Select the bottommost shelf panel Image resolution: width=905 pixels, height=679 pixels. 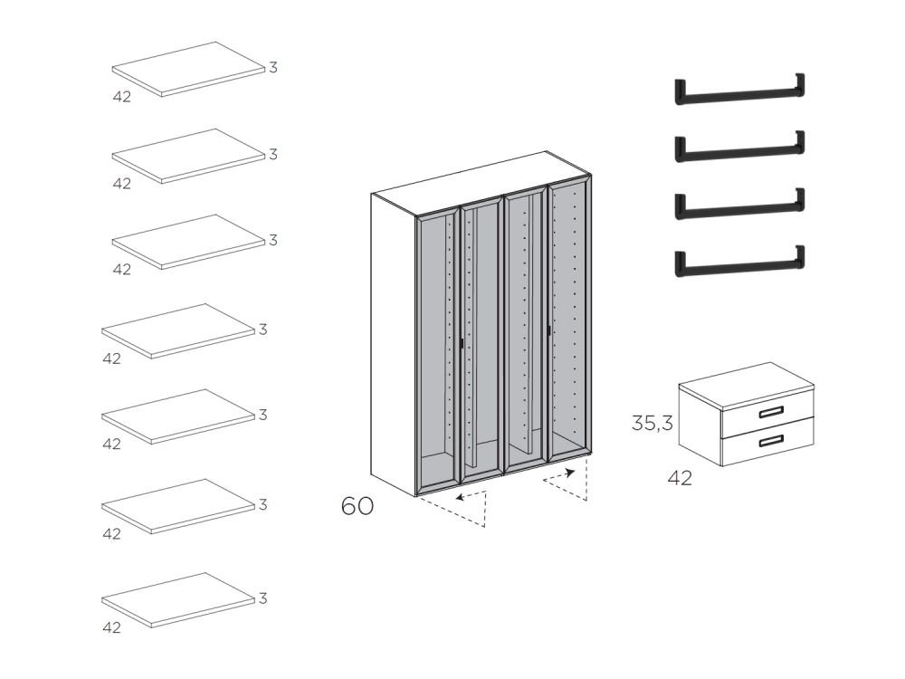click(x=177, y=598)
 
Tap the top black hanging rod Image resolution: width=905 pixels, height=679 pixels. click(x=739, y=91)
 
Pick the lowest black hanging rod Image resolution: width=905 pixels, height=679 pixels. click(x=739, y=263)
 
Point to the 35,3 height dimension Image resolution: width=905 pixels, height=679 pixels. click(x=652, y=423)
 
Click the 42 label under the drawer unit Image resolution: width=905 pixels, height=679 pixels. click(x=680, y=478)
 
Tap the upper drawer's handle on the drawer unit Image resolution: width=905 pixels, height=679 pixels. click(x=771, y=413)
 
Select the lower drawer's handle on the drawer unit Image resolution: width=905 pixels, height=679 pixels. click(x=771, y=441)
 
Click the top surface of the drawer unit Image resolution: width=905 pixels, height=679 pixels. click(x=747, y=384)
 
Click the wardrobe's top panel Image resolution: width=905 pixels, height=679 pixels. click(x=480, y=181)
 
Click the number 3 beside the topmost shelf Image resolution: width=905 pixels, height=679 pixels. click(x=272, y=68)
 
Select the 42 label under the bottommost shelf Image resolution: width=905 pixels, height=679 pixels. click(x=111, y=627)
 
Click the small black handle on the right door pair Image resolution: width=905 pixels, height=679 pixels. click(x=548, y=330)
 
